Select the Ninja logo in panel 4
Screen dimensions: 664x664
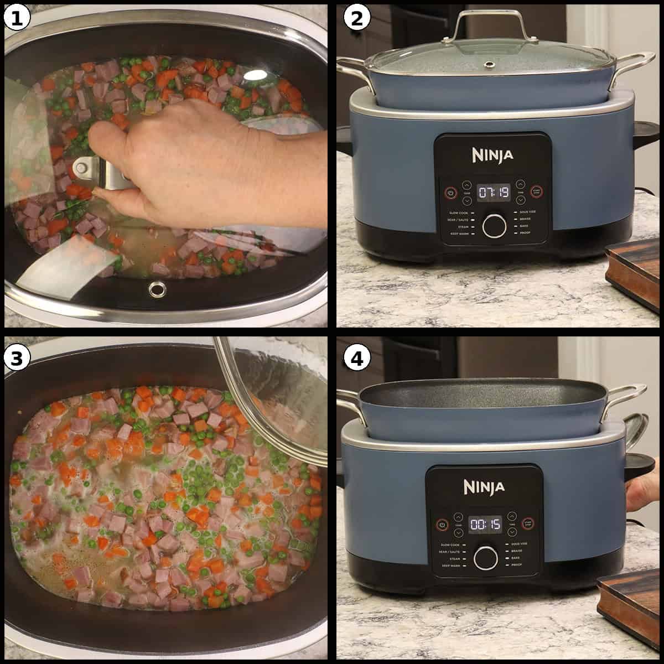tap(484, 487)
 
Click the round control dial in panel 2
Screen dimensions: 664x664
tap(494, 225)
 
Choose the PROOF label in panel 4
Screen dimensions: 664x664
tap(516, 566)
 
